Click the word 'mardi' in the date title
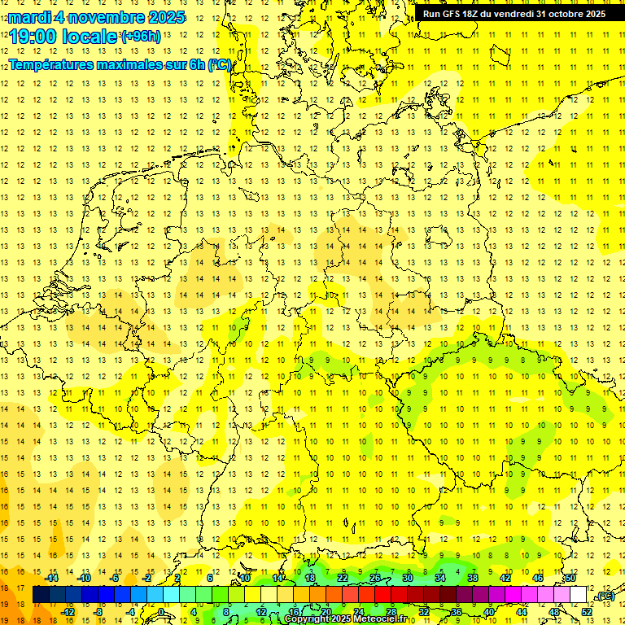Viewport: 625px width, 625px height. click(x=31, y=17)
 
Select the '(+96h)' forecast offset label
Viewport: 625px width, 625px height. click(x=141, y=36)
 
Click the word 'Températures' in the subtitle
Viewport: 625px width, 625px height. click(x=49, y=65)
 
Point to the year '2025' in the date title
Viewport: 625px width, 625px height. click(x=161, y=17)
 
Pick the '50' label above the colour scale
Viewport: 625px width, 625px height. click(x=570, y=578)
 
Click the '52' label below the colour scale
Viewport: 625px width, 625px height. click(x=587, y=611)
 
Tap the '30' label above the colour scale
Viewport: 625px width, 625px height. click(x=408, y=578)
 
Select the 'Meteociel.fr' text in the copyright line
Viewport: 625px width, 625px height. click(x=379, y=619)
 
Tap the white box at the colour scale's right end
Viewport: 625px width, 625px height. click(x=579, y=595)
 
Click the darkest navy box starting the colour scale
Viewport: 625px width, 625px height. click(x=41, y=595)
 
